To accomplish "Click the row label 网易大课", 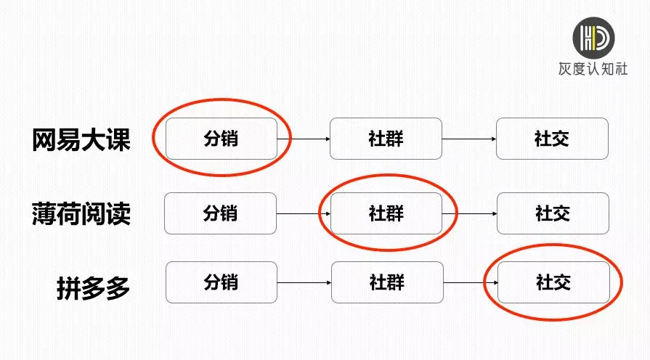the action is [x=81, y=139].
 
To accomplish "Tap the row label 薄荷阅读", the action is [x=81, y=213].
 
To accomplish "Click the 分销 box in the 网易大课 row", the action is [x=221, y=139].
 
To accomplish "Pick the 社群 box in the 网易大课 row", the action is [x=386, y=139].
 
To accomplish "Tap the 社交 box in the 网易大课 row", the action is [x=552, y=139].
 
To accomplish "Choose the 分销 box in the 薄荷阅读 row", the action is [x=220, y=213].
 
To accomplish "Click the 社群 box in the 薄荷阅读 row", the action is [x=386, y=213].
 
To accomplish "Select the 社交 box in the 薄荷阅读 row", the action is [x=553, y=213].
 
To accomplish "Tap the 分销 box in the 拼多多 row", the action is [x=221, y=282].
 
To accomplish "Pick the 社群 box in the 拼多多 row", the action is [x=386, y=282].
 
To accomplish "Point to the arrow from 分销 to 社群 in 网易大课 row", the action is [x=304, y=139].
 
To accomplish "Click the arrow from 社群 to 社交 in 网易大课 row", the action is [x=469, y=139].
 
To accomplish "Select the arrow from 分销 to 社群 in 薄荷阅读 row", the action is [x=304, y=213].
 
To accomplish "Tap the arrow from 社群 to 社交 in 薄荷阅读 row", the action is [x=469, y=213].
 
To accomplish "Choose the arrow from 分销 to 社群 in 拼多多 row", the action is [x=304, y=282].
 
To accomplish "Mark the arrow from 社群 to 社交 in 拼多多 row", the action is [x=470, y=282].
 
